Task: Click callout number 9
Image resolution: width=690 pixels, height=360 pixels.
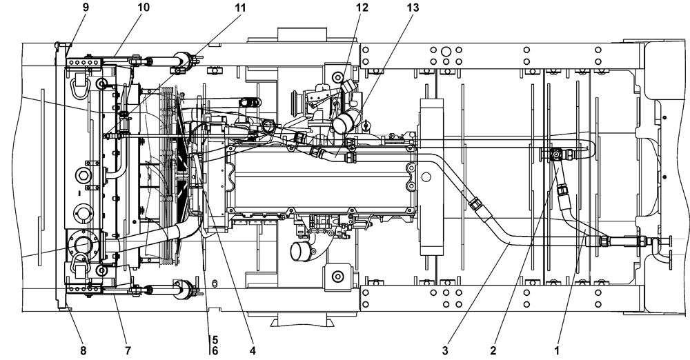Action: pyautogui.click(x=86, y=7)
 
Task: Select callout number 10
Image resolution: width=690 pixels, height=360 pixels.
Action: pyautogui.click(x=144, y=7)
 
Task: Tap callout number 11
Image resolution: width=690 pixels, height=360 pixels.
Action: pyautogui.click(x=240, y=7)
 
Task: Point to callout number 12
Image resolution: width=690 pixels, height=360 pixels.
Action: pyautogui.click(x=362, y=7)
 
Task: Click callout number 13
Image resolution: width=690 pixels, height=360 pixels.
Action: pyautogui.click(x=413, y=7)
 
